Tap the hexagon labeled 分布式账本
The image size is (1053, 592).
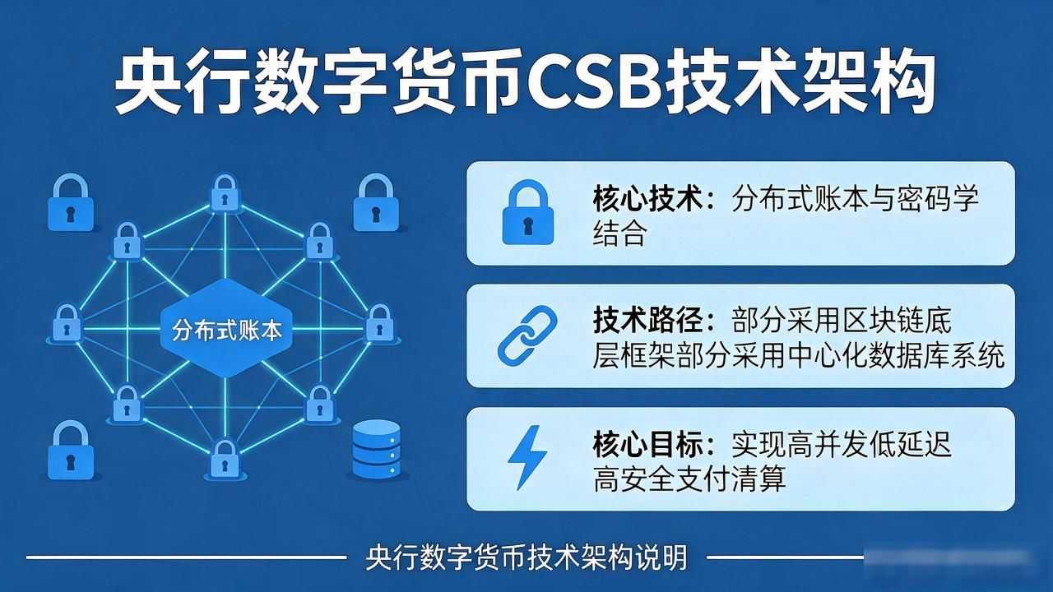[x=226, y=328]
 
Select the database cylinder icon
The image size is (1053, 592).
[x=376, y=450]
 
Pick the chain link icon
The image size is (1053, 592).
[x=527, y=335]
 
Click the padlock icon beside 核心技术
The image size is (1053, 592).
[x=527, y=212]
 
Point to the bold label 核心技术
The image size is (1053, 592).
[x=647, y=199]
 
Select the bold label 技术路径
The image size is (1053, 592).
[x=647, y=321]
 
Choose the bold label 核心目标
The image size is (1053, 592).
[x=647, y=444]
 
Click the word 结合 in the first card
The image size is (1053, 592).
[x=619, y=233]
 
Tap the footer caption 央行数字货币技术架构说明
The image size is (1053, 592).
[x=526, y=557]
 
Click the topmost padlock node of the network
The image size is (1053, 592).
[x=225, y=192]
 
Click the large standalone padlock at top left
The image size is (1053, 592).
[x=71, y=202]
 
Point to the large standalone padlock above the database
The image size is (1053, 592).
[x=376, y=202]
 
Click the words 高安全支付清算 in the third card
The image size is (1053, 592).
[x=689, y=479]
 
